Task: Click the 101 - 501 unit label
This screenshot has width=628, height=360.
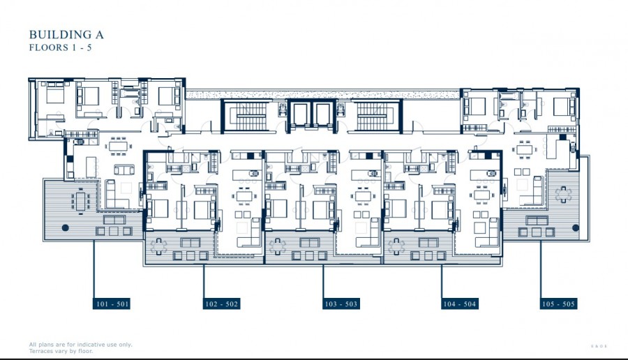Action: pos(112,304)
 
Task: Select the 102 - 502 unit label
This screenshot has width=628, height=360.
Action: pos(222,304)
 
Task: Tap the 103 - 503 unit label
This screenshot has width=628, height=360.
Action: pos(341,304)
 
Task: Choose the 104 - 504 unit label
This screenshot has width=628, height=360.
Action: pos(458,304)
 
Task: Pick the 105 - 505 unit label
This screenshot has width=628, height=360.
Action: pos(559,304)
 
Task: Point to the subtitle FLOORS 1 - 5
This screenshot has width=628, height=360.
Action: pos(61,48)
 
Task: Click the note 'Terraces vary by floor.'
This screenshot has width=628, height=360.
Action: pos(61,351)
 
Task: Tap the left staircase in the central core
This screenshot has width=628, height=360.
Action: pos(245,116)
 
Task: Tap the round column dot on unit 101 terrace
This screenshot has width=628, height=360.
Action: pos(65,227)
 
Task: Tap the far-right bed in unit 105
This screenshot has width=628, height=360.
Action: pos(562,105)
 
